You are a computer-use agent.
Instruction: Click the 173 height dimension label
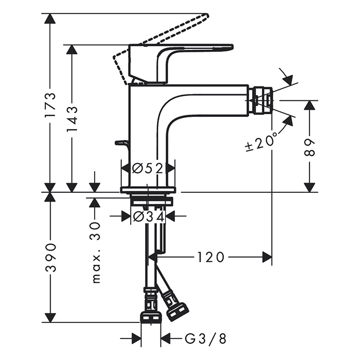click(50, 105)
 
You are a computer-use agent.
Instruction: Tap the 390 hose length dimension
click(50, 257)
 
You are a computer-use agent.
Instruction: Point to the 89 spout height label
click(310, 147)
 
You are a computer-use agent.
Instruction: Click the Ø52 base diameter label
click(147, 168)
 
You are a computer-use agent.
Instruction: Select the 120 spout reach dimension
click(210, 257)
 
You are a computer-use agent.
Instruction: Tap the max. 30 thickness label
click(95, 251)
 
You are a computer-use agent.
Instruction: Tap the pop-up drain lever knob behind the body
click(121, 142)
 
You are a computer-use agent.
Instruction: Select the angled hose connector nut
click(175, 306)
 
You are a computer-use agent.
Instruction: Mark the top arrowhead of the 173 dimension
click(50, 19)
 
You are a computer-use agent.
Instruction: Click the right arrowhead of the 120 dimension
click(267, 257)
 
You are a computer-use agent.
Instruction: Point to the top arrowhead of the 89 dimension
click(310, 105)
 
